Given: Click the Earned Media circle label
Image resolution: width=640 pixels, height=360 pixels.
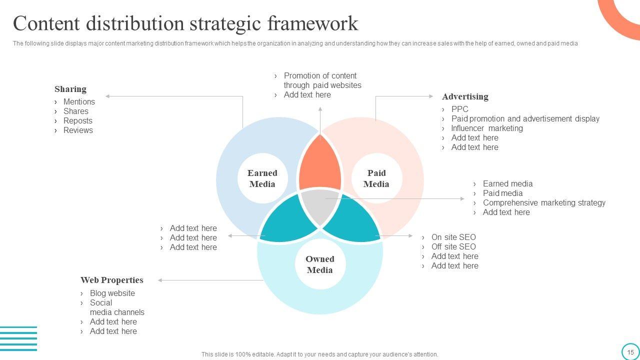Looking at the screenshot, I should coord(262,178).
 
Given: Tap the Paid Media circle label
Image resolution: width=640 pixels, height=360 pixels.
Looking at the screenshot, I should coord(376,178).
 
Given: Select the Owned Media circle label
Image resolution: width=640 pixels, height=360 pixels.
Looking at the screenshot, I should coord(320,264).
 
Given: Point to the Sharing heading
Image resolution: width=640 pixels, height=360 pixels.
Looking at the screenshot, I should coord(70,89).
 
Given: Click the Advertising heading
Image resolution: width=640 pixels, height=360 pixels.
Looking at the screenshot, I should coord(465,96).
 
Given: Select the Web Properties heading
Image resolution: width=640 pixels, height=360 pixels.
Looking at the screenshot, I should coord(112,280).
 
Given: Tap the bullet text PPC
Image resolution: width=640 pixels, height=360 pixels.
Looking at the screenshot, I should coord(459,109).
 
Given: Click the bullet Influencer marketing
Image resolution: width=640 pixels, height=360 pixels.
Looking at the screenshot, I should coord(487,128).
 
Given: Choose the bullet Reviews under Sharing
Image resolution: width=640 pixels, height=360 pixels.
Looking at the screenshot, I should coord(78,130).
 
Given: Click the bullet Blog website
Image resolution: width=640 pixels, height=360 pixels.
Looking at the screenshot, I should coord(112,293).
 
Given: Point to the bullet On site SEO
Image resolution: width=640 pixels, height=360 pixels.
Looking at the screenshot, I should coord(453,237).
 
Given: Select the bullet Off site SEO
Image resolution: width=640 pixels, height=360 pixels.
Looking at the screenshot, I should coord(453,246).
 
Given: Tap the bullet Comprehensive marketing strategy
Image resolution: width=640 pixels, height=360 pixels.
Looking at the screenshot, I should coord(544,202).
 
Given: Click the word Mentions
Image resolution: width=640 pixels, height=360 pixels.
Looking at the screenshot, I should coord(79,101).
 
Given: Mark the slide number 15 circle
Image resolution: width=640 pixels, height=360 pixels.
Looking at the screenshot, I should coord(630,351).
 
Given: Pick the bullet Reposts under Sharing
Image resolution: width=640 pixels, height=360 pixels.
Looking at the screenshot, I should coord(78,120).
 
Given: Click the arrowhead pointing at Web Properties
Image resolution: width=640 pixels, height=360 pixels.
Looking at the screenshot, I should coord(160,280).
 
